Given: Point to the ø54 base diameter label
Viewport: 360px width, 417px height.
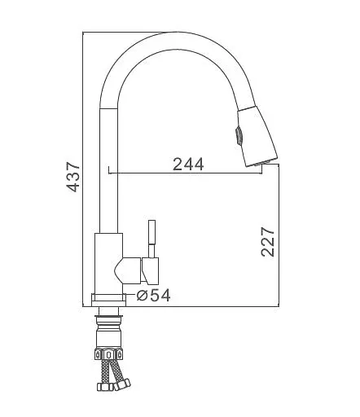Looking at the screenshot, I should pyautogui.click(x=153, y=295).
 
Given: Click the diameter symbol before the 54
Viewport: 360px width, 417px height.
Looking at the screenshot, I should pyautogui.click(x=141, y=295).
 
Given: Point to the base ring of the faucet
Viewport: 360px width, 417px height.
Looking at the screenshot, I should pyautogui.click(x=108, y=299).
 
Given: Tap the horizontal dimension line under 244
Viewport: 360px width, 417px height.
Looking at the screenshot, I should pyautogui.click(x=195, y=173).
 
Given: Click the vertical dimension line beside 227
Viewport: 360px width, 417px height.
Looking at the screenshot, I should pyautogui.click(x=280, y=236).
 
